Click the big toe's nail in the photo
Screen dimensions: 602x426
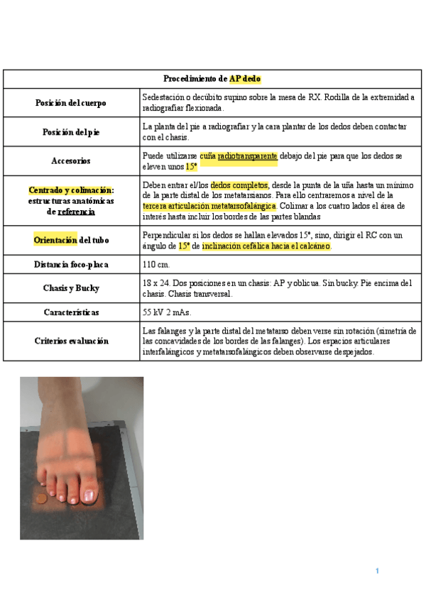89,495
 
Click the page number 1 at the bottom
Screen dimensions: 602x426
378,571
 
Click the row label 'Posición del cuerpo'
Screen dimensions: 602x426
71,103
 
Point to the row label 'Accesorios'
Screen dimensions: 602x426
71,161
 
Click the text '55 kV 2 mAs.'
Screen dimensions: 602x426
167,312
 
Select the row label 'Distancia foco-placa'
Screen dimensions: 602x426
71,265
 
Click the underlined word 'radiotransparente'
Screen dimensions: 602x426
248,155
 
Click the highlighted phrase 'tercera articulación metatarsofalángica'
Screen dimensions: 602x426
210,206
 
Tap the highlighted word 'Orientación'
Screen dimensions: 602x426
56,240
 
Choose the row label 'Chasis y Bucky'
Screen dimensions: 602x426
71,288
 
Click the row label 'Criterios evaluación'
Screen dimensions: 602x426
71,341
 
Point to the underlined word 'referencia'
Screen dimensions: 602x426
76,211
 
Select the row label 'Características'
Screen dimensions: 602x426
71,312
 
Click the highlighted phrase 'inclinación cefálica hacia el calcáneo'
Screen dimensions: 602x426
266,246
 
